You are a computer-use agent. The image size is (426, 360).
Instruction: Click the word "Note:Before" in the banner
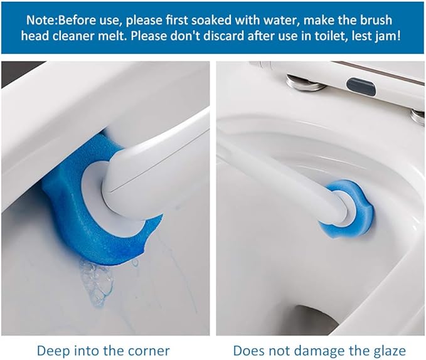58,20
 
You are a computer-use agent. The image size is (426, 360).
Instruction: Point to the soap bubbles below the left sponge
97,282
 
